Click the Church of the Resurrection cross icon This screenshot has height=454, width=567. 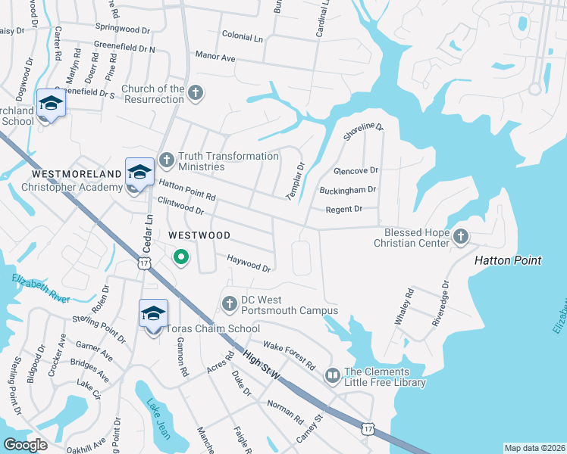(196, 93)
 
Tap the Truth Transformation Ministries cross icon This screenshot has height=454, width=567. (167, 160)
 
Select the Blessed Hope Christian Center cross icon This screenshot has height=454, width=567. (460, 238)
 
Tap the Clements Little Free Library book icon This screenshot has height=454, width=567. (332, 375)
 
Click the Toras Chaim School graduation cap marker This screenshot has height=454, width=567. (153, 314)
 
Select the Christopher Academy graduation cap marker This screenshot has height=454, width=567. (139, 173)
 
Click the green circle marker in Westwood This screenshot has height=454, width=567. (181, 258)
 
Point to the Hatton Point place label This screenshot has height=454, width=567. (508, 260)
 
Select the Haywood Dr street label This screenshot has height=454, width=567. (249, 263)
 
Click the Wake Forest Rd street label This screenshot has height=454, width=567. (289, 353)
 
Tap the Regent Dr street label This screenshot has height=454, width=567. (343, 209)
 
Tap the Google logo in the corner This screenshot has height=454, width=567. (25, 444)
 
